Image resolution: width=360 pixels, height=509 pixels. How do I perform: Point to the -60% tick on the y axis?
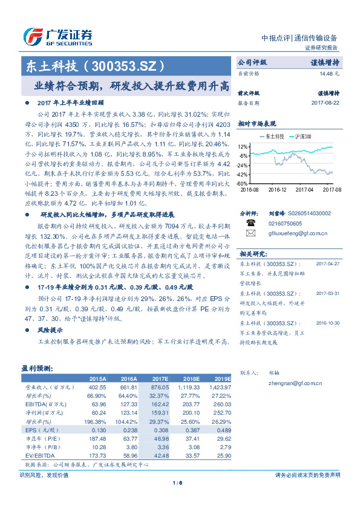[x=242, y=183]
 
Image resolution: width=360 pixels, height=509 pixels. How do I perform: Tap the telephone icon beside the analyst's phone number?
[x=251, y=222]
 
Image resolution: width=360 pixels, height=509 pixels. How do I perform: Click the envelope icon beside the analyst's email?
[x=251, y=232]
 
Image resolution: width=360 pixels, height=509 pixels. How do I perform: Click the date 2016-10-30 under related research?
[x=327, y=323]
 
